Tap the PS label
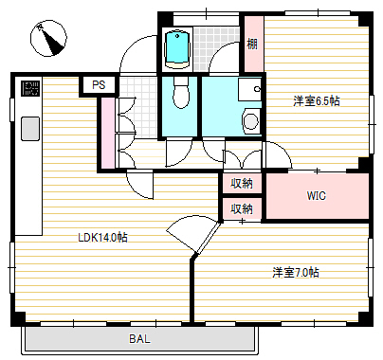97,85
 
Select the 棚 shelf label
252,44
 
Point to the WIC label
317,196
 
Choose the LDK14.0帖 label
102,237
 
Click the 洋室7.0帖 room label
296,273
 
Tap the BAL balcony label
138,338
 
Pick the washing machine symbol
250,121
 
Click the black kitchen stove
29,90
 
